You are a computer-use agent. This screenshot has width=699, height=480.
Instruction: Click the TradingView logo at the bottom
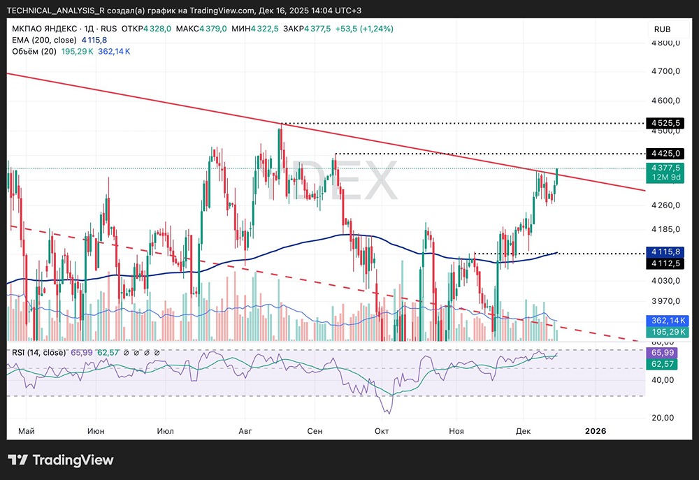click(x=61, y=460)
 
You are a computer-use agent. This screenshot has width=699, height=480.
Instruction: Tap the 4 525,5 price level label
click(x=665, y=123)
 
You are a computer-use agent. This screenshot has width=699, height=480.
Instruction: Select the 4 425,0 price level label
click(x=665, y=153)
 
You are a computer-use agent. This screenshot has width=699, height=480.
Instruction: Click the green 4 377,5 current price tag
click(x=665, y=168)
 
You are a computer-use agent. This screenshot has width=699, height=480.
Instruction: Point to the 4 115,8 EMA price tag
click(x=665, y=252)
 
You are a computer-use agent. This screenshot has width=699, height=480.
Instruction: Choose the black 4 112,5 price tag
click(x=665, y=263)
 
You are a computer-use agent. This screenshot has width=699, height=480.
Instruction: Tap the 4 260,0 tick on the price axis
click(x=665, y=205)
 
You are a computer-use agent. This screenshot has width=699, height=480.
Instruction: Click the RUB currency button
click(x=662, y=29)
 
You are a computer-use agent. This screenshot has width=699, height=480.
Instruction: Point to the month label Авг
click(x=245, y=431)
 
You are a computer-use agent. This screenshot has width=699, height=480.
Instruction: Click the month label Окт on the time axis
click(x=381, y=431)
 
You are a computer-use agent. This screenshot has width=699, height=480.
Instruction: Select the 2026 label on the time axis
click(x=596, y=431)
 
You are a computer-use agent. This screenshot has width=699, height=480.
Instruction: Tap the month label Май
click(x=26, y=431)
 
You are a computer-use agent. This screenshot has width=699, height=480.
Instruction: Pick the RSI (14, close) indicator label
click(x=39, y=352)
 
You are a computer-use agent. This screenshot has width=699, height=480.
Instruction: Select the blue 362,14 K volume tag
click(x=665, y=320)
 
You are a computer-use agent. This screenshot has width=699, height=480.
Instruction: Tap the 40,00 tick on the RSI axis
click(x=662, y=380)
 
